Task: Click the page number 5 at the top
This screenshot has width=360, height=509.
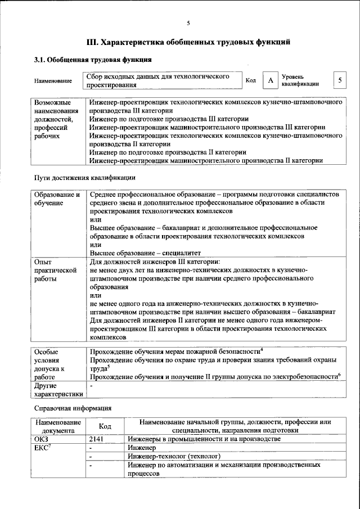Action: pyautogui.click(x=188, y=23)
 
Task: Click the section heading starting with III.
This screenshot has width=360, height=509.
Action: pyautogui.click(x=188, y=42)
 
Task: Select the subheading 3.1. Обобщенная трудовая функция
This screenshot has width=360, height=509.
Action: pyautogui.click(x=92, y=60)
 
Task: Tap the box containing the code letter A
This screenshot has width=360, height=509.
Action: pyautogui.click(x=271, y=81)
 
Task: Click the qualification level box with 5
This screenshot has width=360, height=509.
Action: pyautogui.click(x=340, y=80)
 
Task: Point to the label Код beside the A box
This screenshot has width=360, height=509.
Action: pyautogui.click(x=251, y=80)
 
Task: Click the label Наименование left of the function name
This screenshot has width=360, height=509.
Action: pyautogui.click(x=53, y=81)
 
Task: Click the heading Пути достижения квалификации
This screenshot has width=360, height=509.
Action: pyautogui.click(x=84, y=178)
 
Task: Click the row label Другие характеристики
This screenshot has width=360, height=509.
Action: pyautogui.click(x=58, y=390)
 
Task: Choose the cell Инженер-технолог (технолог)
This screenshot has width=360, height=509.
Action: pyautogui.click(x=174, y=456)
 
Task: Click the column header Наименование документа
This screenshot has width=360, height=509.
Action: pyautogui.click(x=57, y=426)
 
